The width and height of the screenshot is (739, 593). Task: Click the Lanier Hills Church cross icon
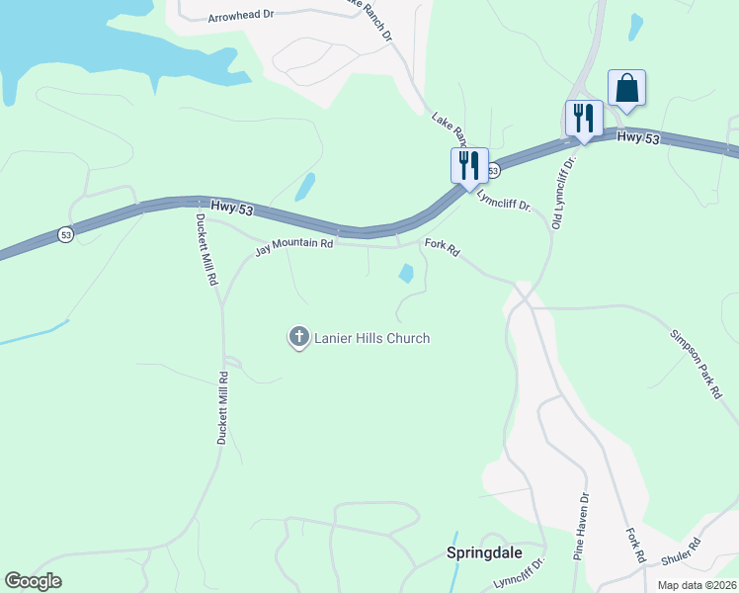pos(298,338)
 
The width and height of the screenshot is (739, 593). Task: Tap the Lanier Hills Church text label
pos(371,338)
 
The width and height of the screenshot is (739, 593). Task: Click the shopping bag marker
pos(626,88)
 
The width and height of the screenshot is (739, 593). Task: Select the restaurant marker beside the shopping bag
pos(583,119)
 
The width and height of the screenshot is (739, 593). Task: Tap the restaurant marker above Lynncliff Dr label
pos(469,165)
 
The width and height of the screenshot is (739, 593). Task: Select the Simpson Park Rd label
pos(698,364)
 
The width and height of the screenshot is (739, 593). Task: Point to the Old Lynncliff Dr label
pos(562,195)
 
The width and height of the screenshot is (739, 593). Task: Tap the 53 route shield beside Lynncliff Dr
pos(493,171)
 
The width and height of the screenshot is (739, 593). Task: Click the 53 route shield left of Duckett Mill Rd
pos(65,234)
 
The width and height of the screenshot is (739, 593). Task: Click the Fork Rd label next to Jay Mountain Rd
pos(442,248)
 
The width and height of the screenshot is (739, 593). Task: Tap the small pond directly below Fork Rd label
pos(406,273)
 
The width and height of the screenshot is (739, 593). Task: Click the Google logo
pos(33,581)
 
